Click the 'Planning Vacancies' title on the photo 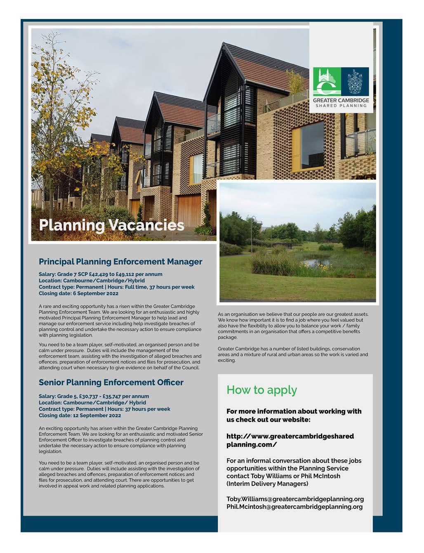pos(111,225)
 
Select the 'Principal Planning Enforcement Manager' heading pos(120,262)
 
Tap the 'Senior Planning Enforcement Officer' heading pos(111,382)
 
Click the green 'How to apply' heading pos(261,390)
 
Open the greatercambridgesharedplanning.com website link pos(290,440)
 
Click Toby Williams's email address pos(295,499)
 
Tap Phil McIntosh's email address pos(294,507)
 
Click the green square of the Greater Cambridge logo pos(327,81)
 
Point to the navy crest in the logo pos(355,81)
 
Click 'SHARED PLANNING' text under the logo pos(341,106)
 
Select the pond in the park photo pos(317,262)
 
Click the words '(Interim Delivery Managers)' pos(267,484)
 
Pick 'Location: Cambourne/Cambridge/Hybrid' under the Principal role pos(92,281)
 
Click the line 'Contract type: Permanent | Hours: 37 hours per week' pos(104,409)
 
